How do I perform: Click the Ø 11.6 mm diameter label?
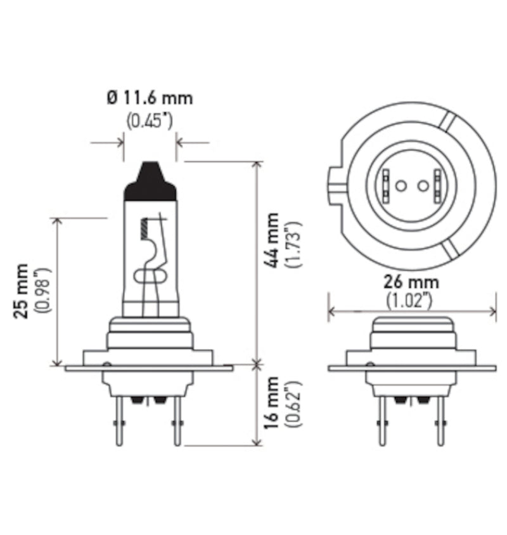point(150,98)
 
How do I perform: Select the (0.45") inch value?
point(150,121)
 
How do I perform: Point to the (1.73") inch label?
point(292,245)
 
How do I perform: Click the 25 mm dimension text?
point(22,291)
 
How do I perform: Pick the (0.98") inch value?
point(42,291)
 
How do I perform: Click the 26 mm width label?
point(412,281)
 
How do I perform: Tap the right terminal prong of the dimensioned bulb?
point(177,422)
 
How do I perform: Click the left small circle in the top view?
point(401,186)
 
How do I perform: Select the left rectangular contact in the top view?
point(386,185)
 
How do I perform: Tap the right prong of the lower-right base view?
point(438,422)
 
